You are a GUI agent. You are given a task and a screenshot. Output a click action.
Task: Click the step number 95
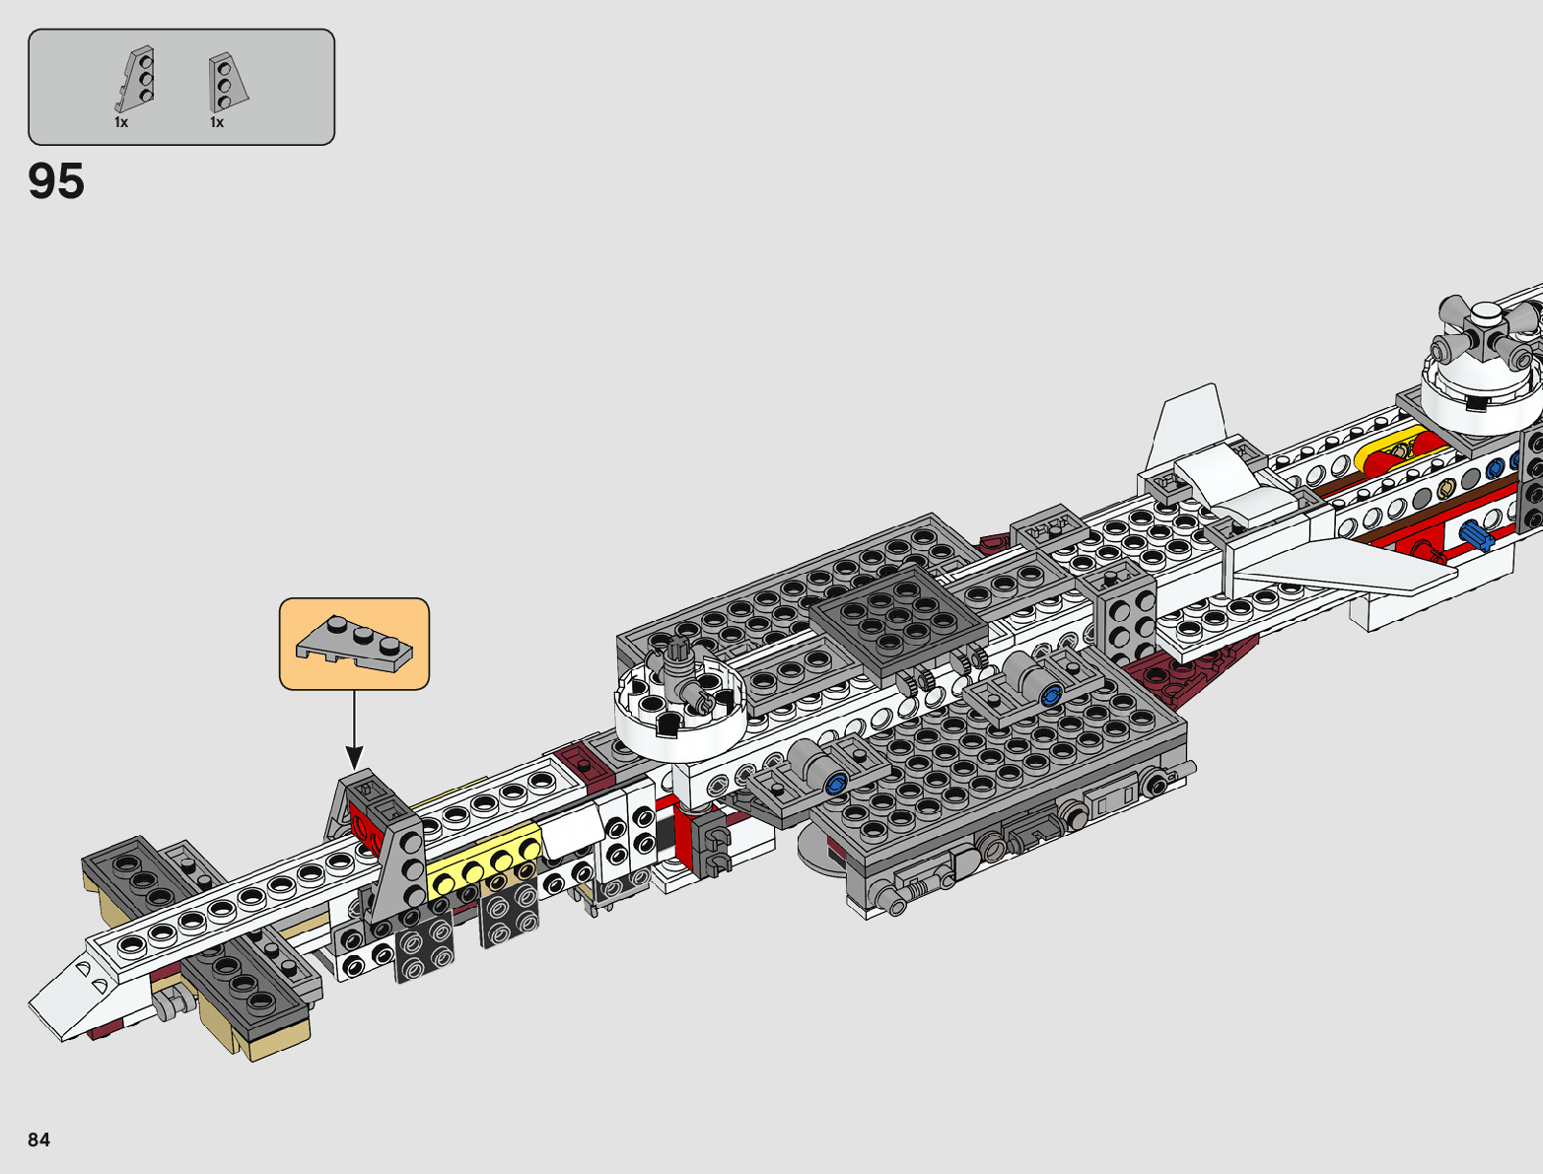click(56, 182)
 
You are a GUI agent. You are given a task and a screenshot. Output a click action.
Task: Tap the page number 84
click(38, 1139)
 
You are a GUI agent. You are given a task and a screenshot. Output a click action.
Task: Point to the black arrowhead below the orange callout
click(354, 758)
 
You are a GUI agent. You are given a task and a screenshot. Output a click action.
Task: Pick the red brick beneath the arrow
click(366, 828)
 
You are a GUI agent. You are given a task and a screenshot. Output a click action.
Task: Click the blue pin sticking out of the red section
click(1476, 535)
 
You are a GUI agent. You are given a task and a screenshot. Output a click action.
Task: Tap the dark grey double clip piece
click(711, 849)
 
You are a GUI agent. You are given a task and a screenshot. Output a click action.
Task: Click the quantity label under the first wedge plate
click(121, 123)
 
